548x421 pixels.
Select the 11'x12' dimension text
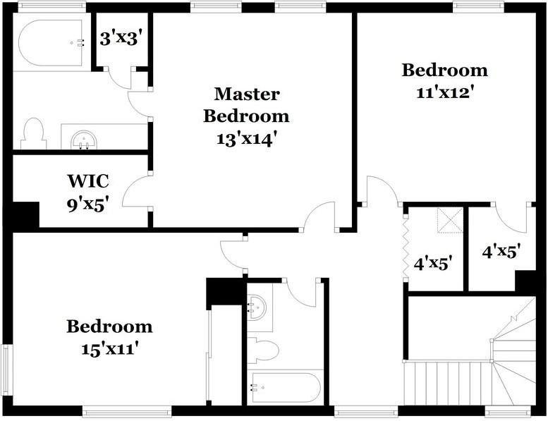[x=444, y=92]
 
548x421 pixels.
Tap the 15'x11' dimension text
[x=109, y=348]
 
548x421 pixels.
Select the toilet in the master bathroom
[x=32, y=133]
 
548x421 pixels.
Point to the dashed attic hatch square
[x=449, y=221]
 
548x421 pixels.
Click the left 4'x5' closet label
[x=432, y=264]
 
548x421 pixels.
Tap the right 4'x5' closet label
[x=501, y=251]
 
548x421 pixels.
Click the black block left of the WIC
[x=25, y=215]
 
